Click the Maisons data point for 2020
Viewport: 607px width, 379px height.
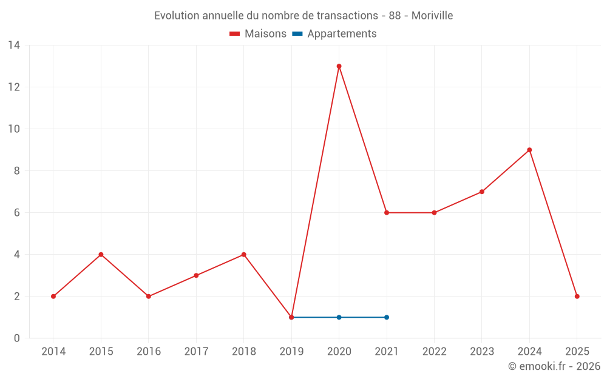(339, 66)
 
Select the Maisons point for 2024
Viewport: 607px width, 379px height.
(529, 150)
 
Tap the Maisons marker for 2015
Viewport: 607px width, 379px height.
(101, 255)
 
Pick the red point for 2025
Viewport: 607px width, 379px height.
(577, 297)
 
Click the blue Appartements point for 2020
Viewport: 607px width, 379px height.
(339, 317)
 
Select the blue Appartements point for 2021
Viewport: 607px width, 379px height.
(387, 317)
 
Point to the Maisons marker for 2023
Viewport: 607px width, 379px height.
(482, 192)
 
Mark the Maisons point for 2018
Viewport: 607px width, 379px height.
(243, 255)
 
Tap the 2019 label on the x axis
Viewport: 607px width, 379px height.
(291, 352)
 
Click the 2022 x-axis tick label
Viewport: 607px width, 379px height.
(434, 352)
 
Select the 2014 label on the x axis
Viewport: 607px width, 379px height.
(53, 352)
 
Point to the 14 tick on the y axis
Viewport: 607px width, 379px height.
(14, 45)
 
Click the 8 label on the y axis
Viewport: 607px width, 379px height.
(17, 171)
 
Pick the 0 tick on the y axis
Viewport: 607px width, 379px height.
(17, 338)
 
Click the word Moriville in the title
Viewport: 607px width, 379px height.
(432, 16)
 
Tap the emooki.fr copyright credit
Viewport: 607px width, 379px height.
(554, 366)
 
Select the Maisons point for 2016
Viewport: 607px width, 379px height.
(149, 297)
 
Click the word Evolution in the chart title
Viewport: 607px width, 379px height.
(175, 16)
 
